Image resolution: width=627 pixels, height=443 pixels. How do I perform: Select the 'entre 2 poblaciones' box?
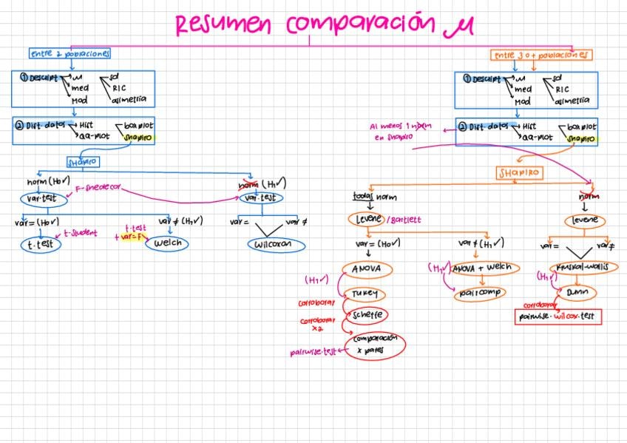click(x=70, y=54)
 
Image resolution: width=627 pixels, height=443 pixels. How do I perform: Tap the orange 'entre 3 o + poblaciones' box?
click(x=541, y=55)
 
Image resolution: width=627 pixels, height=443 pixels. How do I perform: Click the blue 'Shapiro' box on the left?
click(x=83, y=161)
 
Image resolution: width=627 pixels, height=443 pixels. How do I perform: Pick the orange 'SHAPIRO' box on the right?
click(x=520, y=172)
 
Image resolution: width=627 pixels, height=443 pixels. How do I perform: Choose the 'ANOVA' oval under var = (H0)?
click(x=367, y=268)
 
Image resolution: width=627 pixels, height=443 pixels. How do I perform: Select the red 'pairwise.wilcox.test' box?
click(x=559, y=317)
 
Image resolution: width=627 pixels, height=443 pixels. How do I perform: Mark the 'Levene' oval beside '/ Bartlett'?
click(x=366, y=219)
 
